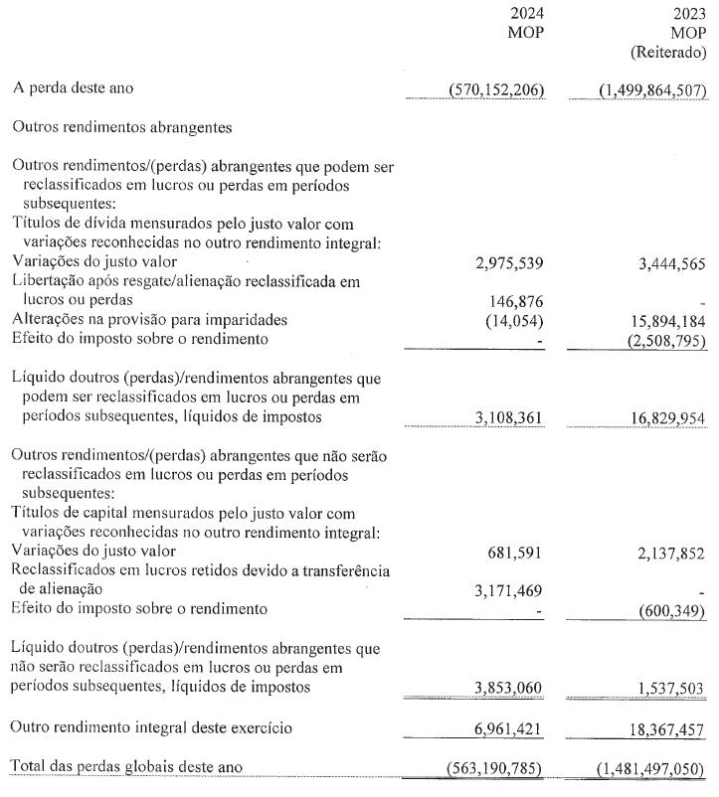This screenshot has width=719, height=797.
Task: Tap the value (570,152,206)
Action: coord(484,90)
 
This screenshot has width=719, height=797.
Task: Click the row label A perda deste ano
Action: coord(73,89)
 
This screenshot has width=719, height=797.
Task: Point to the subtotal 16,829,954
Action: coord(661,418)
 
